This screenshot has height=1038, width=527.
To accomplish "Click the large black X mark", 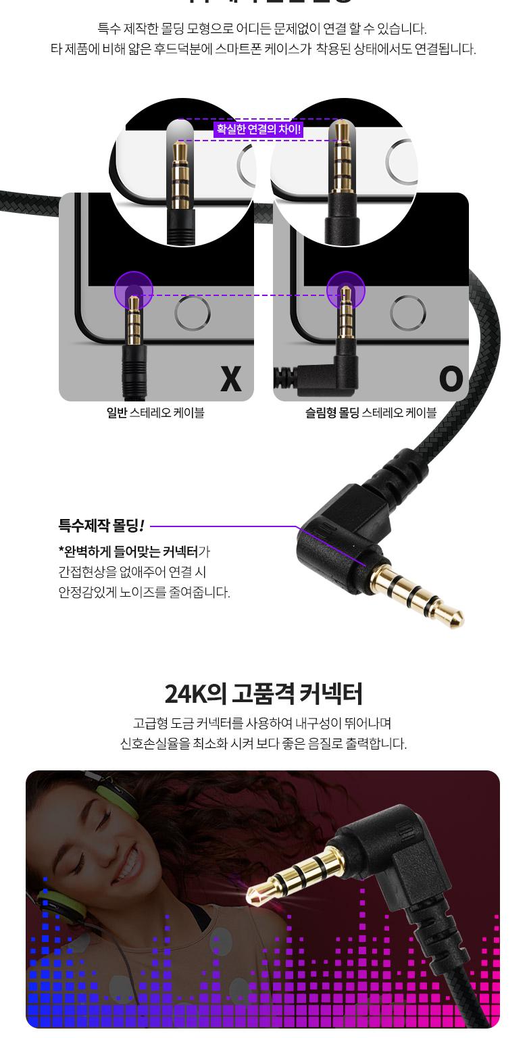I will (231, 379).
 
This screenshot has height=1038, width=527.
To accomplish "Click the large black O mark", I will (451, 379).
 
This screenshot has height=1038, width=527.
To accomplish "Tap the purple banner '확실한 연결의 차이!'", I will (258, 130).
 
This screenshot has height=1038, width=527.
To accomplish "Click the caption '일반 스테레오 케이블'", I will (155, 412).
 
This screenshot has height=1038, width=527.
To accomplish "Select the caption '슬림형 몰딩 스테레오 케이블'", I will (371, 412).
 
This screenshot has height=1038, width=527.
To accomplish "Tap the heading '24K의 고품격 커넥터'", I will (263, 694).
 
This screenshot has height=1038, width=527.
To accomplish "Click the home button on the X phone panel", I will (193, 314).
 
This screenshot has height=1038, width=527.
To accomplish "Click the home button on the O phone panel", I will (408, 314).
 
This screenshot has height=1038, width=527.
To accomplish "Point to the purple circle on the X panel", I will (134, 291).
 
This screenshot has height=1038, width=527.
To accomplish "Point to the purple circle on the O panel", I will (346, 291).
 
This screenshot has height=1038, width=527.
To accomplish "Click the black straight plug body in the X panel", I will (134, 368).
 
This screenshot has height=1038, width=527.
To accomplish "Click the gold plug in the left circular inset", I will (181, 176).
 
